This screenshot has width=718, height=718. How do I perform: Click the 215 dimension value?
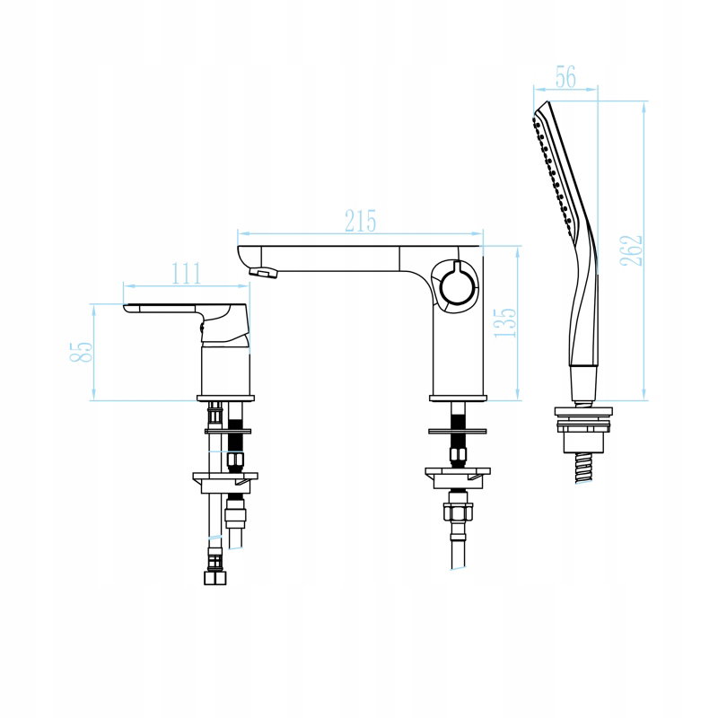coord(361,221)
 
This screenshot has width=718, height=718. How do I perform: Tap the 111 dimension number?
coord(186,274)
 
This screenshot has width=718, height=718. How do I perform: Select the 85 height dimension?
coord(82,352)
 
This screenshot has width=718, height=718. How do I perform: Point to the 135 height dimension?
coord(505,322)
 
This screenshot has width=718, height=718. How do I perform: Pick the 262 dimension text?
coord(631,250)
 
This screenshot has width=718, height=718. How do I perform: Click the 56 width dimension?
coord(565,77)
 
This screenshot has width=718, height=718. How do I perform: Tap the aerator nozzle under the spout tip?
coord(264,273)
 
